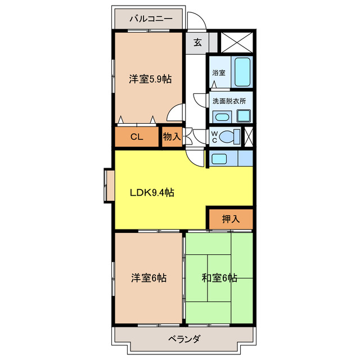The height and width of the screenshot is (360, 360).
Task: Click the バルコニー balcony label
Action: click(x=150, y=19)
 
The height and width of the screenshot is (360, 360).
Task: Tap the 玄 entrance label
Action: click(x=197, y=42)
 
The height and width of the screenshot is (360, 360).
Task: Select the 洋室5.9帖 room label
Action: click(x=150, y=79)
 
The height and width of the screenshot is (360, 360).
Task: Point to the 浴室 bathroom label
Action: click(x=219, y=73)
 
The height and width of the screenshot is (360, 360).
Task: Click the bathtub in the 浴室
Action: click(x=242, y=71)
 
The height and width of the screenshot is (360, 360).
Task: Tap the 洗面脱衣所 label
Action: click(x=229, y=101)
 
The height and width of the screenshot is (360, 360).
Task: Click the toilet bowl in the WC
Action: click(x=229, y=136)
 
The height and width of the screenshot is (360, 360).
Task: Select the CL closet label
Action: click(x=137, y=137)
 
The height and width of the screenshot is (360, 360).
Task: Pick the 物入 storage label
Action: click(x=172, y=137)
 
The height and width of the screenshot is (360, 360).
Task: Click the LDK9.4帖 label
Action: click(x=152, y=192)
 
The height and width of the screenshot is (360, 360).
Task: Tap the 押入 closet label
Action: click(x=231, y=219)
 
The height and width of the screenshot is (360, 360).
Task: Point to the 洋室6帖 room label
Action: click(x=149, y=278)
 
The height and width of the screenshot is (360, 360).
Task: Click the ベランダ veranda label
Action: click(x=184, y=339)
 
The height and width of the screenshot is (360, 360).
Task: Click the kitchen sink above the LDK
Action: click(x=220, y=159)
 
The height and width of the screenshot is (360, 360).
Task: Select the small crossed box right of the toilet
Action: click(x=248, y=137)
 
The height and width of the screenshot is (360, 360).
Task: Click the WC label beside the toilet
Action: click(x=214, y=137)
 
